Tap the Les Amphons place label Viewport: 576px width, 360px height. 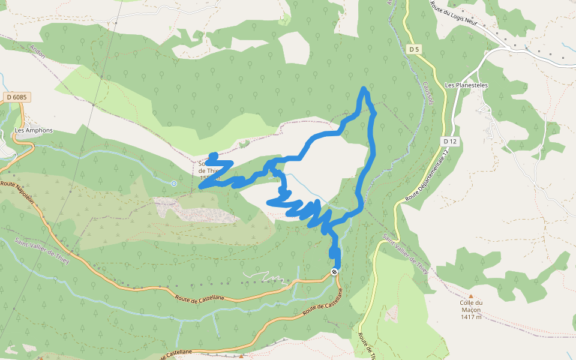pos(34,131)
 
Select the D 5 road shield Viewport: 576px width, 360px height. pos(413,49)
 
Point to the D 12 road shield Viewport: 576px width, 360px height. pos(451,141)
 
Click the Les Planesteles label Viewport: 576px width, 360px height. pos(466,85)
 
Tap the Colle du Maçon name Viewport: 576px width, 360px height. pos(471,303)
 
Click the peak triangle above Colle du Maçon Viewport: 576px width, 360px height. pos(471,296)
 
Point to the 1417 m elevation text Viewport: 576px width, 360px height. pos(471,317)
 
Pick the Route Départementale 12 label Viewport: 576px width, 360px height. pos(427,174)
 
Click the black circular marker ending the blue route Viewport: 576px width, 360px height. pos(335,271)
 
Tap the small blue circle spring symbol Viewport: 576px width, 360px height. pos(173,183)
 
